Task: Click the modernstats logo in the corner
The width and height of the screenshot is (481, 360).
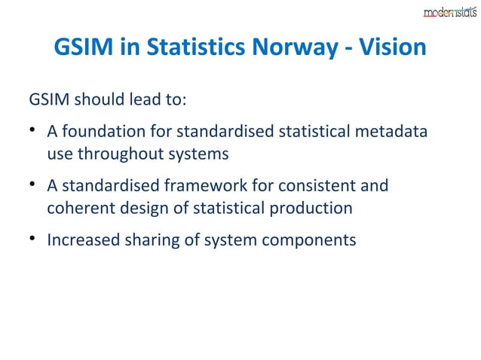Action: click(449, 12)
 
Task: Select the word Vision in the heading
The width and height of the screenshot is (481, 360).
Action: click(395, 49)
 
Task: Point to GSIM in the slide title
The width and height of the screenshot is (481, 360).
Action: click(83, 49)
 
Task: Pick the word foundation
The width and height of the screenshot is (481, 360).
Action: click(102, 133)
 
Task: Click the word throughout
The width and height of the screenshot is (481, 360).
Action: click(121, 154)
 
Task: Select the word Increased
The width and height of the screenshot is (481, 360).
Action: click(82, 240)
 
